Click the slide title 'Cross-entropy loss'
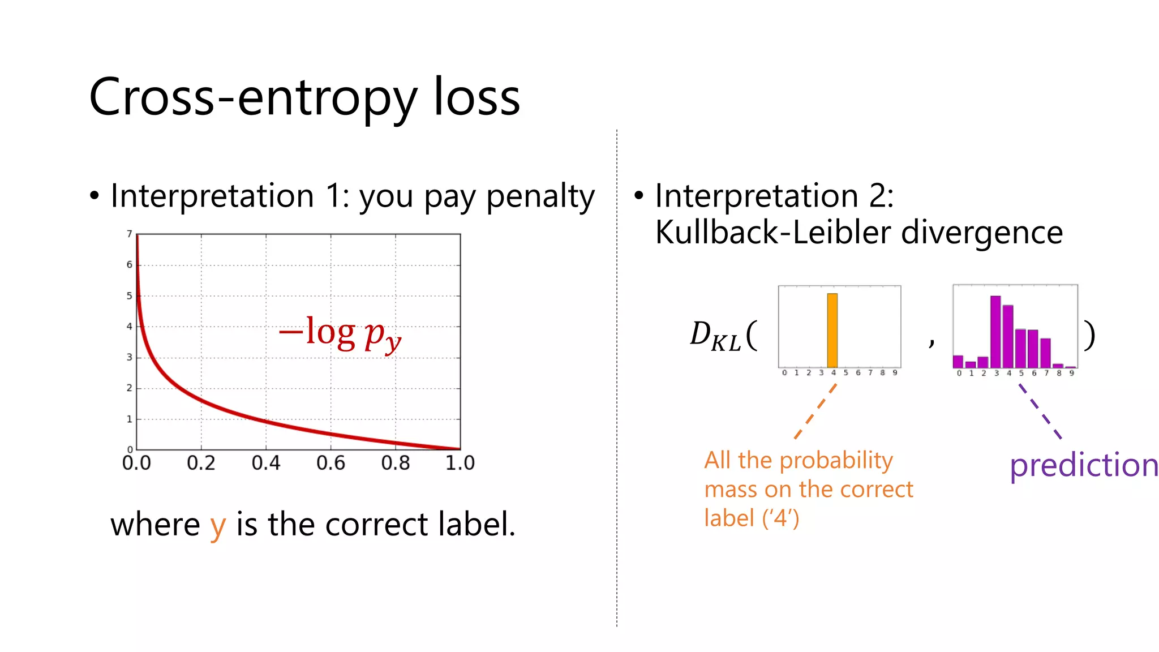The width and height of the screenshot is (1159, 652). (304, 97)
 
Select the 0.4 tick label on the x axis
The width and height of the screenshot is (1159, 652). (266, 464)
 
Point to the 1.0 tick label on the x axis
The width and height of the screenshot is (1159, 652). (460, 464)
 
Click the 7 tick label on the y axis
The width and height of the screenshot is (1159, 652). (130, 234)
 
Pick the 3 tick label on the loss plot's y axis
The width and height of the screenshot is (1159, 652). (130, 357)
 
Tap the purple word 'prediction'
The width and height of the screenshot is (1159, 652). (1084, 465)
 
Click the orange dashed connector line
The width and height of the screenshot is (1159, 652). (815, 411)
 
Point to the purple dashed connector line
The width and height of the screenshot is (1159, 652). (1040, 411)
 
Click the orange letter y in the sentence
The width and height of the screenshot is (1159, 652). (218, 526)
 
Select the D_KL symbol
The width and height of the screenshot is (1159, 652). (715, 336)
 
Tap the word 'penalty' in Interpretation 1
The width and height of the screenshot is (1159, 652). (540, 197)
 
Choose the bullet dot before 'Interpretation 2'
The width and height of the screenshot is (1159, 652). (639, 196)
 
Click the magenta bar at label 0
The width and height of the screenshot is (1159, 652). (958, 362)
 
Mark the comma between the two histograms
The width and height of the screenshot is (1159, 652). (932, 342)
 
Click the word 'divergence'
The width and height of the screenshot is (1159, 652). (982, 232)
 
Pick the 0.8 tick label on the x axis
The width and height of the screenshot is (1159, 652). (395, 464)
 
